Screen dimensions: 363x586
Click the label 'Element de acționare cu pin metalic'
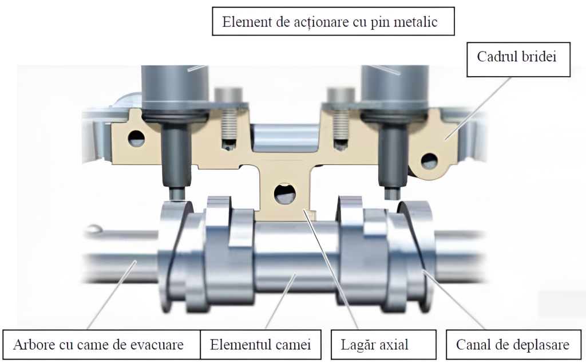[330, 22]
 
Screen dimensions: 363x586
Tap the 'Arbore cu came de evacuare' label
[98, 345]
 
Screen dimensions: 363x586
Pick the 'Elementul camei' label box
[260, 345]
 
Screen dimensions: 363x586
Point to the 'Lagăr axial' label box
[374, 345]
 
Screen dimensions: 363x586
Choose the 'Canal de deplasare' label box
[512, 345]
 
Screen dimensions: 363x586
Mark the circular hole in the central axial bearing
[284, 194]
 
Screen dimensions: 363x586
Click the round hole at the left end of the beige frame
[136, 139]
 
